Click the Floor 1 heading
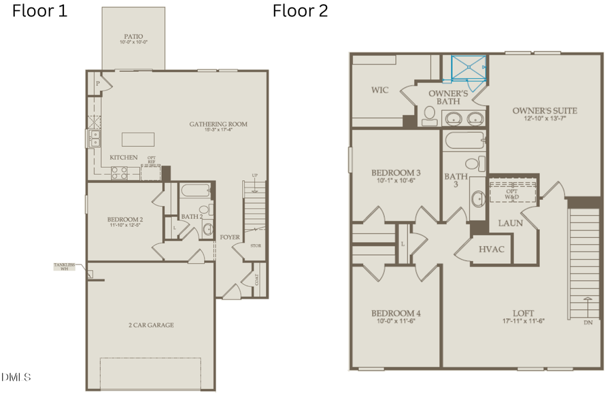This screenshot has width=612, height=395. pyautogui.click(x=39, y=12)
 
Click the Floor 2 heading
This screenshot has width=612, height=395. pyautogui.click(x=300, y=12)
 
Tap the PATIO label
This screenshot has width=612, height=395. pyautogui.click(x=133, y=38)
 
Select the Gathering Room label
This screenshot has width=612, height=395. pyautogui.click(x=218, y=124)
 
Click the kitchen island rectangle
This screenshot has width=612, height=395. pyautogui.click(x=138, y=139)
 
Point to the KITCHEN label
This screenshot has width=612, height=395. pyautogui.click(x=124, y=158)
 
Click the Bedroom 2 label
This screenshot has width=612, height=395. pyautogui.click(x=125, y=220)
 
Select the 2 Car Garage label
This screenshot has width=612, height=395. pyautogui.click(x=150, y=325)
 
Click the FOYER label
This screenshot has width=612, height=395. pyautogui.click(x=228, y=237)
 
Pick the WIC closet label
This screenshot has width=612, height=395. pyautogui.click(x=380, y=90)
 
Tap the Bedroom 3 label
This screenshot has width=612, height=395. pyautogui.click(x=395, y=172)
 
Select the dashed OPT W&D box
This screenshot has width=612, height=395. pyautogui.click(x=512, y=192)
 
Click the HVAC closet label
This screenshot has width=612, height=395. pyautogui.click(x=491, y=250)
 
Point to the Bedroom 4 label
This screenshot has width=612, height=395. pyautogui.click(x=395, y=313)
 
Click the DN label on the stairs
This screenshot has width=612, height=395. pyautogui.click(x=588, y=322)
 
